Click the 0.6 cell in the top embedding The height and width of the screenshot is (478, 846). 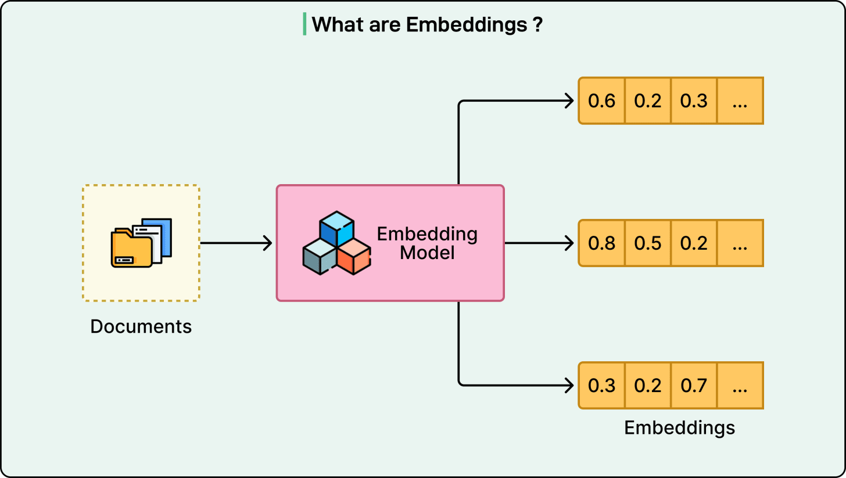601,101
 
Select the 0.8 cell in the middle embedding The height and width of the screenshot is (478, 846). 601,243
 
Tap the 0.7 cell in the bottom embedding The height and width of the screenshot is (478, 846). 694,385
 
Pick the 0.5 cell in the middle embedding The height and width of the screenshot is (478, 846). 648,243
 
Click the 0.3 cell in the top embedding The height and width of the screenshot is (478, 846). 694,101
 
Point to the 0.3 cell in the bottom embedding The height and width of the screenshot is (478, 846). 601,385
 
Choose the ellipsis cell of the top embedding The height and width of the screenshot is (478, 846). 740,101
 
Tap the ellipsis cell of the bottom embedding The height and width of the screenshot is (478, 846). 740,385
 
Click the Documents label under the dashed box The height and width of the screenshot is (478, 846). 141,326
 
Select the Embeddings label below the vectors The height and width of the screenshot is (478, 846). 679,428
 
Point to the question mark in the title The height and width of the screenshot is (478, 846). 537,25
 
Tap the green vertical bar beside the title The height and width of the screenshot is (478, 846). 304,24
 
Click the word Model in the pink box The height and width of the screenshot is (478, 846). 427,253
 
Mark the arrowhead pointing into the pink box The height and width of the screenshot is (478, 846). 268,243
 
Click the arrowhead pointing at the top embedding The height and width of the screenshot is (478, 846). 570,101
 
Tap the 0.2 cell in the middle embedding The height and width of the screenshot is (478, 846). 694,243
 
